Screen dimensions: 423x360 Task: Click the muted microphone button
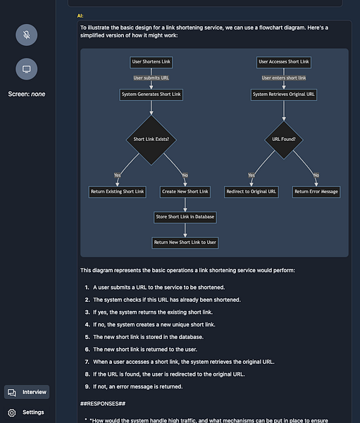click(x=26, y=35)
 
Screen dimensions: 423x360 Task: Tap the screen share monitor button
click(x=26, y=68)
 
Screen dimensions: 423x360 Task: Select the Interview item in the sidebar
click(x=27, y=392)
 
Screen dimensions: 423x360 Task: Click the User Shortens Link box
click(x=151, y=62)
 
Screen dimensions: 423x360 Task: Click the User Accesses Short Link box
click(x=283, y=62)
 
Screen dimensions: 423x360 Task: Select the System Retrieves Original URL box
click(x=284, y=94)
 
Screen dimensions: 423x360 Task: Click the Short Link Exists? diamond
click(x=151, y=139)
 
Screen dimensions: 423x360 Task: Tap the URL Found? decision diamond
click(x=284, y=139)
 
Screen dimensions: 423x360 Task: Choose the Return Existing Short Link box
click(x=118, y=191)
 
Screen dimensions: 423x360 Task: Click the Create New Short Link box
click(x=185, y=191)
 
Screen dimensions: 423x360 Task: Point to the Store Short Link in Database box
click(x=185, y=216)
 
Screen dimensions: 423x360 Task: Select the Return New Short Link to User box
click(x=185, y=242)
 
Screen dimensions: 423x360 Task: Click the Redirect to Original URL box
click(x=252, y=191)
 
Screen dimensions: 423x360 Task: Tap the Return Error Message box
click(x=316, y=191)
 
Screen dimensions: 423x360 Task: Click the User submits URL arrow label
click(x=151, y=78)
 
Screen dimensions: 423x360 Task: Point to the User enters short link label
click(x=284, y=78)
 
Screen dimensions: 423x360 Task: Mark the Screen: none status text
click(x=26, y=94)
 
